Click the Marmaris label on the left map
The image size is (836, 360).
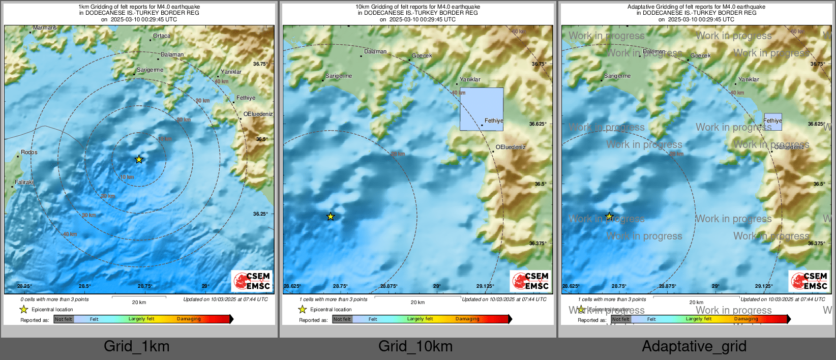[45, 28]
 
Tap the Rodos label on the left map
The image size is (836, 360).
[29, 153]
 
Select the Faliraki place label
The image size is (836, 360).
[24, 182]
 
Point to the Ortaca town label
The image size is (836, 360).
[162, 36]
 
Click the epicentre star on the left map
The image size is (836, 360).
[139, 160]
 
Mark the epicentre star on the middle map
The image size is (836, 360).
[331, 217]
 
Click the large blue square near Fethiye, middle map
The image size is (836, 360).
[482, 109]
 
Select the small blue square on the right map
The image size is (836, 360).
[773, 122]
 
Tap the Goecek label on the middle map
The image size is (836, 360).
[422, 56]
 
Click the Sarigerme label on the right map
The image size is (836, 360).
[617, 76]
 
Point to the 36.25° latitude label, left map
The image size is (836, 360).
[260, 214]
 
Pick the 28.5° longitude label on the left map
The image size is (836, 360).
[84, 286]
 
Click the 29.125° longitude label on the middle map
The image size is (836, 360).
[485, 286]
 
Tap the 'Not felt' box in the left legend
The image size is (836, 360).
[64, 319]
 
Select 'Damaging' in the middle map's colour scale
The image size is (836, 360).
[467, 319]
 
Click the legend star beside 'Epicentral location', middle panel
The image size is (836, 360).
[303, 309]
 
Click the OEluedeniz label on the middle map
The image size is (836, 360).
[511, 147]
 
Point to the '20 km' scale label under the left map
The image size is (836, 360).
[139, 303]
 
